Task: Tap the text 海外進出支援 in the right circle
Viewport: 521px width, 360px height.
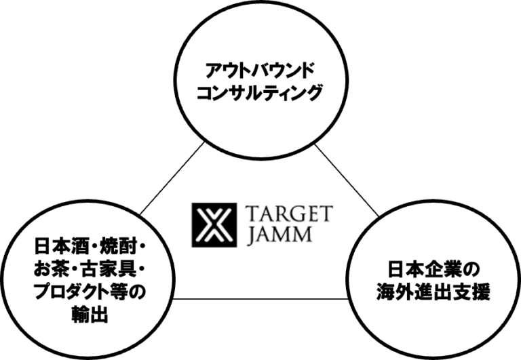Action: (432, 293)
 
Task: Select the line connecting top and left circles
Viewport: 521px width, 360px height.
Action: (174, 176)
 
